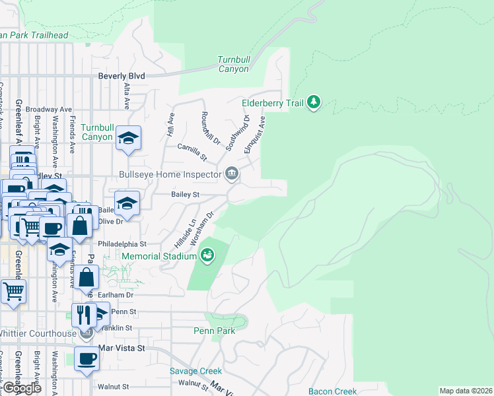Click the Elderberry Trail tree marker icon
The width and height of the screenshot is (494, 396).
[315, 102]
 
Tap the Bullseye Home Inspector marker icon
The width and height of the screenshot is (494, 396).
[231, 174]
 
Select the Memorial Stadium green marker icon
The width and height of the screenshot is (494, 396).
[207, 254]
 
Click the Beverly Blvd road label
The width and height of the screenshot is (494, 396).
[121, 76]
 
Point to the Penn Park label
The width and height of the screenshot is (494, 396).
[211, 330]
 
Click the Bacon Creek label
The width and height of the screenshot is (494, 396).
[332, 391]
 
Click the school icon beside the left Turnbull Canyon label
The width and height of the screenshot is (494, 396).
[128, 138]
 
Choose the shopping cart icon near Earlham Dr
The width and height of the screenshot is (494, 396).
[13, 291]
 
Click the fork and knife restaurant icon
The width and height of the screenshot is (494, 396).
[83, 314]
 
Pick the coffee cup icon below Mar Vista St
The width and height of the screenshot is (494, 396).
[86, 359]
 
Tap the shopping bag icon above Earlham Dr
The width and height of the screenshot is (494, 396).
[86, 277]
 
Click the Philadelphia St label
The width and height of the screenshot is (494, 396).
[122, 244]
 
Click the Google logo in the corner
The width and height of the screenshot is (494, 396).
[22, 388]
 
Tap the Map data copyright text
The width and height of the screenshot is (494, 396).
[466, 391]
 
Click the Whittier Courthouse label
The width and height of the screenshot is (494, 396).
[38, 333]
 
